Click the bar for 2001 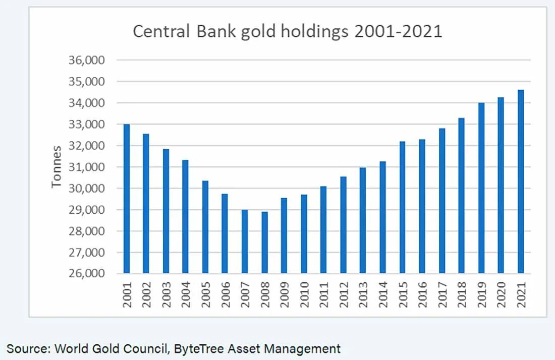(126, 199)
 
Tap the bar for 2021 (521, 182)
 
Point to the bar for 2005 (205, 227)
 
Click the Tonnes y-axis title (57, 167)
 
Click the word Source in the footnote (28, 348)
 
